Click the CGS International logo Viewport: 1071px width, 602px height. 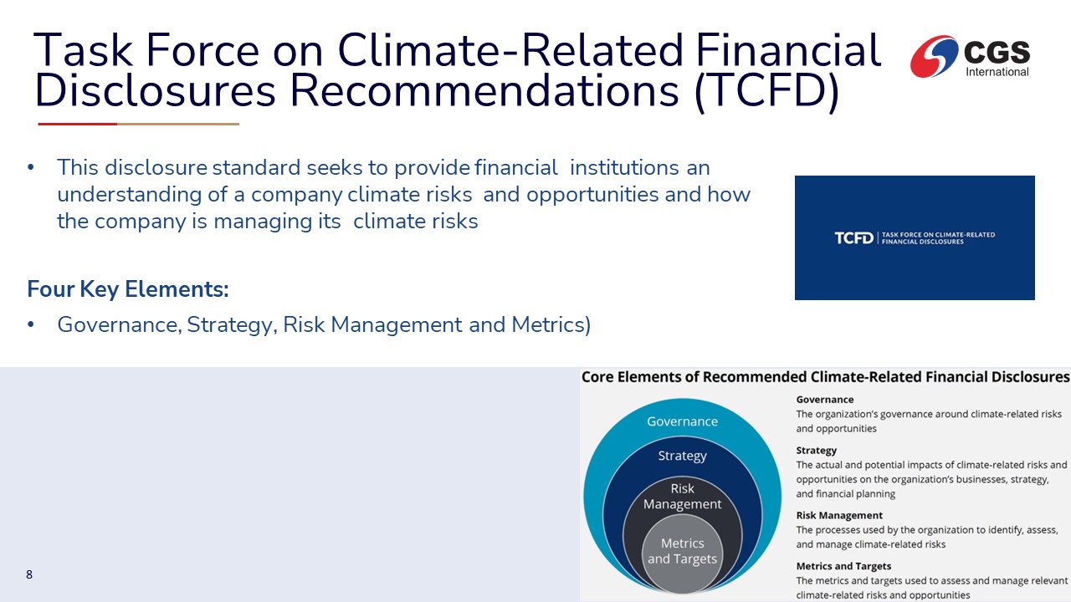point(970,56)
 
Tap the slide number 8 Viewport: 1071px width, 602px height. point(29,574)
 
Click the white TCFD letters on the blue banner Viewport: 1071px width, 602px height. point(853,238)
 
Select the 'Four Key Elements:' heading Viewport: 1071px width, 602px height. point(128,289)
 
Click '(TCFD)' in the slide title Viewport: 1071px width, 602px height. point(767,91)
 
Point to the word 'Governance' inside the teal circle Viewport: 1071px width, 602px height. point(682,421)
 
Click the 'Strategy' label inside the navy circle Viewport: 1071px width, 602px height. point(682,456)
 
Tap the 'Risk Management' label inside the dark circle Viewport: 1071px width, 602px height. point(682,497)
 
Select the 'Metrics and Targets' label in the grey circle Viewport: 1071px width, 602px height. point(682,551)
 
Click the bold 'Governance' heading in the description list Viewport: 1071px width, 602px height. point(825,400)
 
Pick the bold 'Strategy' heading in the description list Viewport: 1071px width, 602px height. point(816,451)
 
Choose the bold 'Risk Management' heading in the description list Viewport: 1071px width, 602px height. point(839,515)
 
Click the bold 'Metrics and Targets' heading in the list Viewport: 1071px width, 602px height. point(843,566)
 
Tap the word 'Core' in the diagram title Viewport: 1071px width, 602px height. point(597,377)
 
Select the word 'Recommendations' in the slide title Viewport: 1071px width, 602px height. point(484,90)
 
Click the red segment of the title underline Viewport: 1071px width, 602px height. point(78,125)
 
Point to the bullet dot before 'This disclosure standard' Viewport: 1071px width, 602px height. point(31,168)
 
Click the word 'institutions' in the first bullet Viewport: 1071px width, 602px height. point(624,168)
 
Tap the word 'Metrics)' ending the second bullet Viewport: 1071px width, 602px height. point(551,325)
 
